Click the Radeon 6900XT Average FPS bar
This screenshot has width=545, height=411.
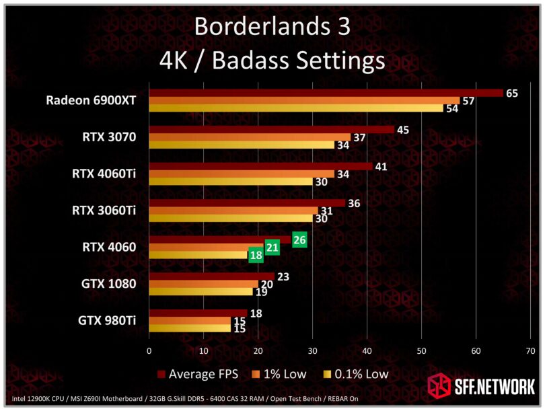[x=326, y=93]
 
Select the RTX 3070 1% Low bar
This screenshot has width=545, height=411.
[x=250, y=137]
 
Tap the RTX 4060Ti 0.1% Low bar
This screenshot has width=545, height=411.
[x=231, y=182]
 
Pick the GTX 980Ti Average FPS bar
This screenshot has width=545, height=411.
[x=198, y=313]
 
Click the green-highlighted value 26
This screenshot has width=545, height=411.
[x=299, y=239]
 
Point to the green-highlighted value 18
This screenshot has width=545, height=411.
[x=256, y=255]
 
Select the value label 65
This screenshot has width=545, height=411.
[x=511, y=93]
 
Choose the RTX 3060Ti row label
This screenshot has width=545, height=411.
[x=104, y=211]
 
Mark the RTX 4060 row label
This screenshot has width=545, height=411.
[x=110, y=247]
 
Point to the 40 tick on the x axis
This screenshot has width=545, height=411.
[x=367, y=350]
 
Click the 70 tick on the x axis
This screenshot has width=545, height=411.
[x=530, y=350]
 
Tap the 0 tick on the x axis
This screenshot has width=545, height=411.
[x=149, y=350]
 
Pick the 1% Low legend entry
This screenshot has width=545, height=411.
[x=280, y=373]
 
